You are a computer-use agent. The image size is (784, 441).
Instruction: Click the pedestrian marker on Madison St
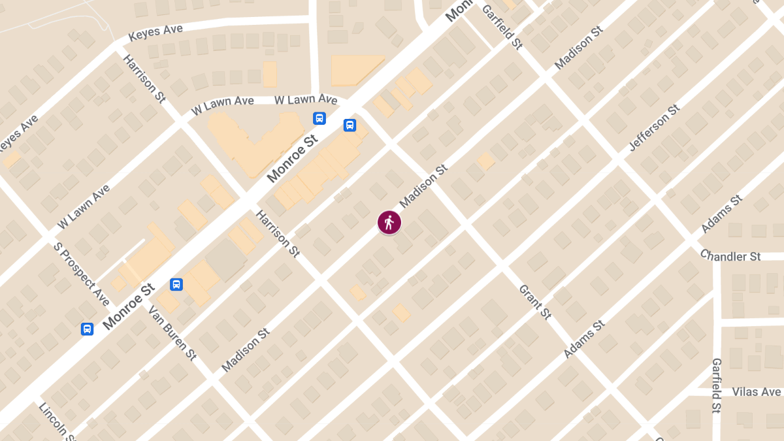tap(389, 223)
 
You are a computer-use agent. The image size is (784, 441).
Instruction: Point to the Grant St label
tap(535, 302)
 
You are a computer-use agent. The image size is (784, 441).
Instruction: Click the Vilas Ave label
tap(756, 392)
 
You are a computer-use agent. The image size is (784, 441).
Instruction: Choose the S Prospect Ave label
tap(82, 274)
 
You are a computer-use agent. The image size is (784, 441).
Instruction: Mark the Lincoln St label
tap(57, 421)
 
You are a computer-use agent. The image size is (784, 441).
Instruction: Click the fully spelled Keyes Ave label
tap(155, 31)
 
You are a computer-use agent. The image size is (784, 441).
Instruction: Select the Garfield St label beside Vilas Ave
tap(716, 385)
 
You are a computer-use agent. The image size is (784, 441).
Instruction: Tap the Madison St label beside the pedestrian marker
tap(423, 186)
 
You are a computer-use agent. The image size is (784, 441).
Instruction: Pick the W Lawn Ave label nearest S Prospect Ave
tap(83, 206)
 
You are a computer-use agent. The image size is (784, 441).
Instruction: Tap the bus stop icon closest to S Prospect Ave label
tap(87, 329)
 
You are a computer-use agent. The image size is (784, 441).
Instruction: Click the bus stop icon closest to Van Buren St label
tap(176, 284)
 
